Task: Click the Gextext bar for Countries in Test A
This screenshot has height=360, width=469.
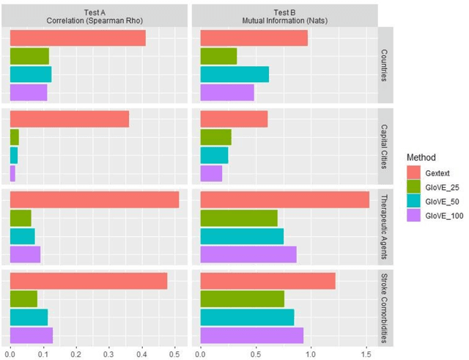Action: tap(78, 38)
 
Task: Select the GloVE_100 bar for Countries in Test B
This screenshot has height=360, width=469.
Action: tap(226, 92)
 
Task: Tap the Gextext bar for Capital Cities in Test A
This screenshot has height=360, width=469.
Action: tap(70, 119)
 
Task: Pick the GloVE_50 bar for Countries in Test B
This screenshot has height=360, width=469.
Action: tap(234, 74)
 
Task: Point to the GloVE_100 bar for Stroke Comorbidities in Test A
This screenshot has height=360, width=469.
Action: tap(31, 335)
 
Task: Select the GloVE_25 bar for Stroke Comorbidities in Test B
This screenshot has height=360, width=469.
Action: tap(242, 298)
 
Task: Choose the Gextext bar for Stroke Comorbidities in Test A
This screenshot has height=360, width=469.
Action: tap(89, 280)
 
